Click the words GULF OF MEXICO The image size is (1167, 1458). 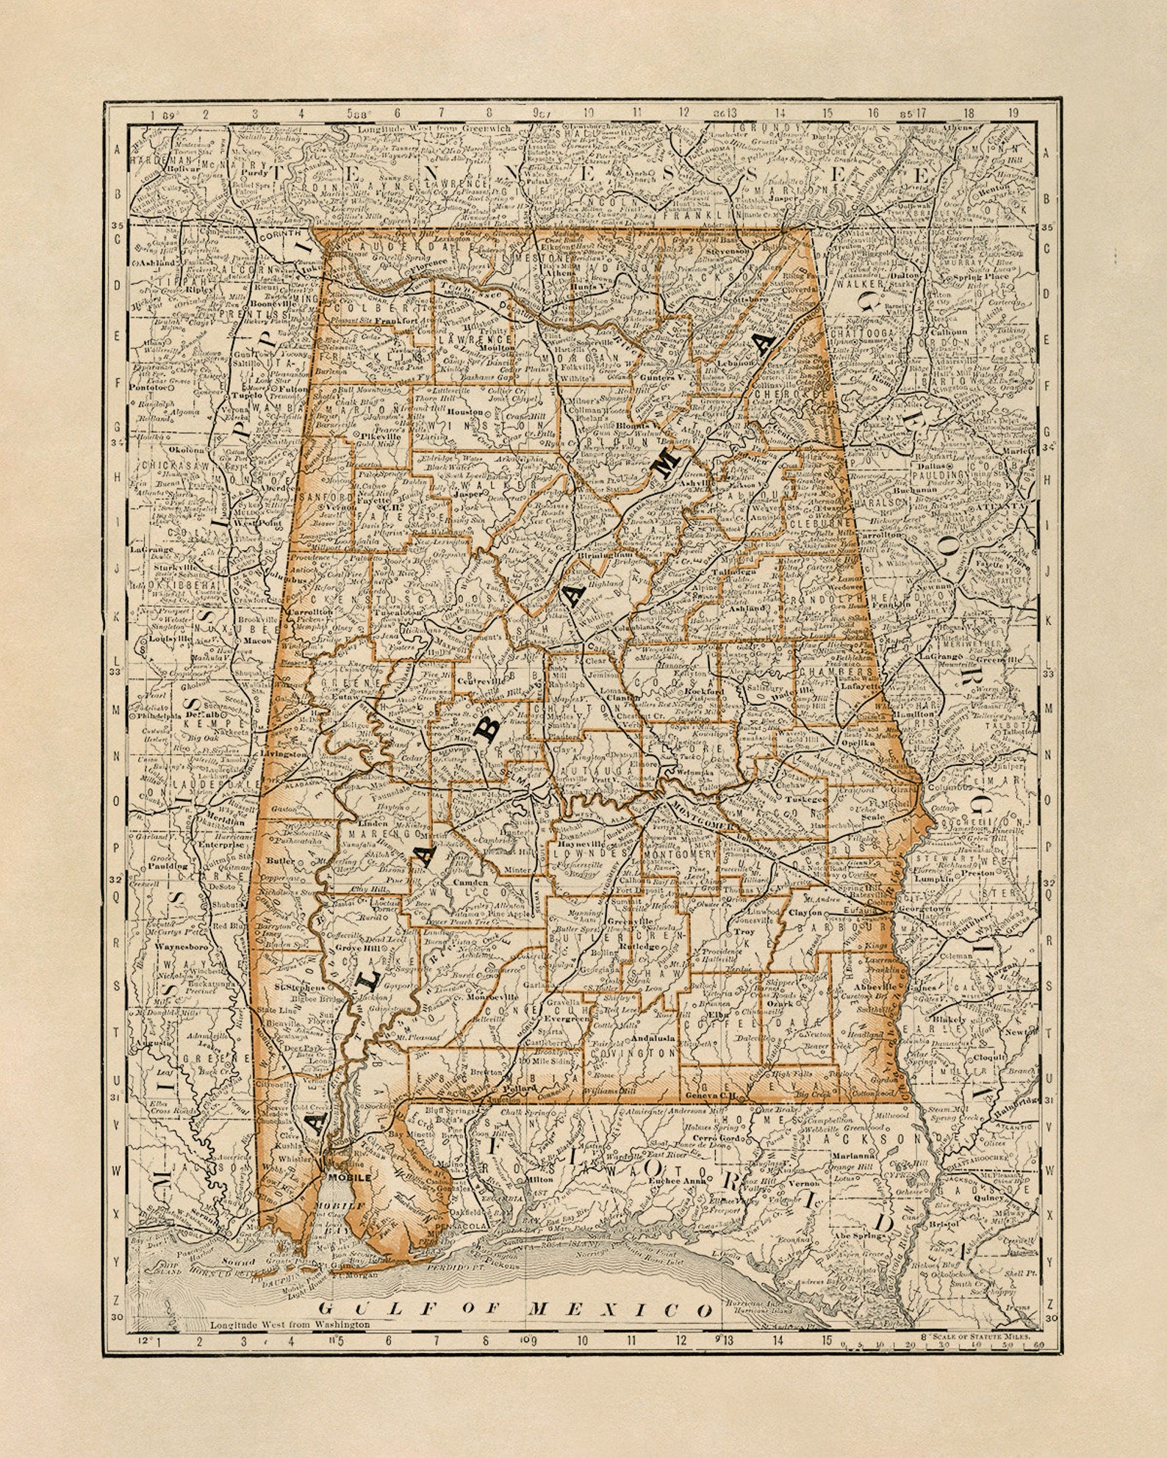[x=514, y=1308]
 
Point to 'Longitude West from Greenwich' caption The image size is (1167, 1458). [x=434, y=129]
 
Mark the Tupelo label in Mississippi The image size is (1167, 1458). [x=251, y=394]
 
